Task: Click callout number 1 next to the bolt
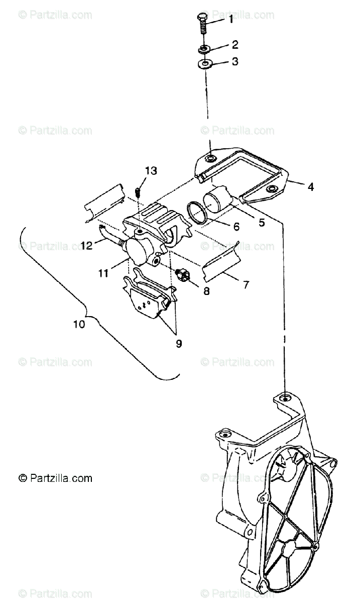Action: tap(231, 20)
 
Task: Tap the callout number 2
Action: tap(234, 45)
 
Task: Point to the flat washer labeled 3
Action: tap(205, 64)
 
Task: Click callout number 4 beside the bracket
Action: tap(311, 187)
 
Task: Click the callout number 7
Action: tap(246, 285)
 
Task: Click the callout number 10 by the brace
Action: tap(79, 324)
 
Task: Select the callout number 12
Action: tap(87, 246)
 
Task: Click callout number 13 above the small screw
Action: tap(151, 171)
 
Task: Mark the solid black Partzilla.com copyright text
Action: tap(55, 478)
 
